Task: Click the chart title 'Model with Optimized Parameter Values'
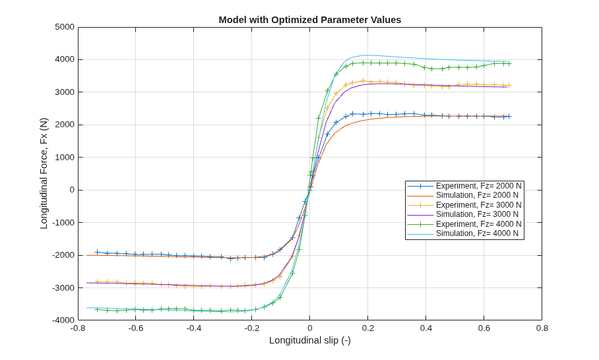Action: click(310, 20)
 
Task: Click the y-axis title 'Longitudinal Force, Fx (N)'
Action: click(44, 173)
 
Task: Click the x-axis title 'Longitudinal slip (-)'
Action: click(310, 340)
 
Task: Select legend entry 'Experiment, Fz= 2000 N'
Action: click(464, 186)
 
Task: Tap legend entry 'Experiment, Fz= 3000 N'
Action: click(464, 205)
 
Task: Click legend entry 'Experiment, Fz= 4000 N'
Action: click(464, 224)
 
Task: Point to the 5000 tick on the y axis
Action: click(65, 27)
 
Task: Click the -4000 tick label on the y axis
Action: click(63, 320)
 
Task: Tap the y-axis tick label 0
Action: click(72, 190)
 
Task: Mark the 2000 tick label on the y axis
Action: click(65, 125)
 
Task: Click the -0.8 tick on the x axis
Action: click(78, 328)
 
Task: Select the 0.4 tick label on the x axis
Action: click(426, 328)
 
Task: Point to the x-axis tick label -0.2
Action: click(252, 328)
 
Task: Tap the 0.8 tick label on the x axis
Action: click(542, 328)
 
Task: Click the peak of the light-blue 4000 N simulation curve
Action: click(367, 55)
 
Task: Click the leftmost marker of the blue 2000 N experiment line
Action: click(98, 252)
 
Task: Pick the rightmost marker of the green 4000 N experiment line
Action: click(509, 64)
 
